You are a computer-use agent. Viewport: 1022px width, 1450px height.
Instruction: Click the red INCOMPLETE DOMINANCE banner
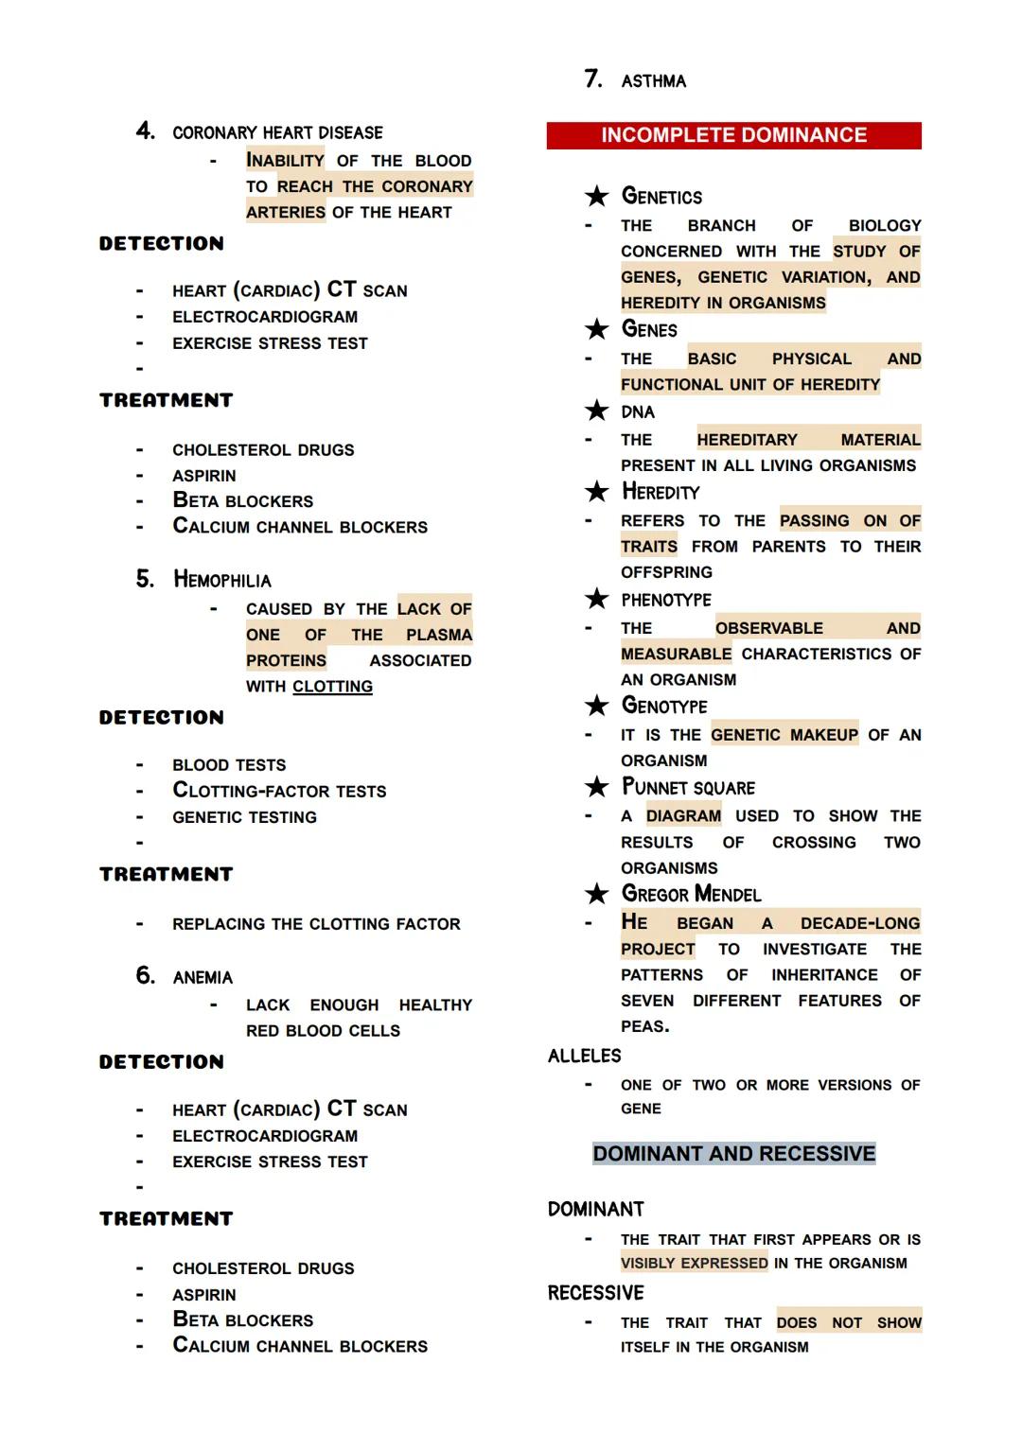click(733, 135)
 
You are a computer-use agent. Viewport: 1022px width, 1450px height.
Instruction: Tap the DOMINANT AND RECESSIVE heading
click(733, 1154)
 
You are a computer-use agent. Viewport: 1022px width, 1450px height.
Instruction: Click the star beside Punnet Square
click(596, 787)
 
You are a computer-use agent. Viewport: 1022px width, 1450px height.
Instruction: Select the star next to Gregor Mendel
click(596, 894)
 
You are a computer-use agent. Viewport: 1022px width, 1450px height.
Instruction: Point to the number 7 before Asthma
click(593, 79)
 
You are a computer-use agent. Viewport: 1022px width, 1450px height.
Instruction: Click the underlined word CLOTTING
click(332, 687)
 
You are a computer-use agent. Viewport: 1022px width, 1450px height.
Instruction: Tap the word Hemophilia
click(222, 580)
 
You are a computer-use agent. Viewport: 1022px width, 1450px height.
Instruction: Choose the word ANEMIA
click(203, 978)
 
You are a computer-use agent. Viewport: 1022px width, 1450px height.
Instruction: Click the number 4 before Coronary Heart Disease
click(145, 131)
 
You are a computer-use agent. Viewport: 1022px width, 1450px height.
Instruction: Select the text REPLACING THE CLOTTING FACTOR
click(316, 924)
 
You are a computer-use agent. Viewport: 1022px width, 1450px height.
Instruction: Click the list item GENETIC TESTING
click(244, 817)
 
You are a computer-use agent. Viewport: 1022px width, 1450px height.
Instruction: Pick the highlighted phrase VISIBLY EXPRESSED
click(694, 1264)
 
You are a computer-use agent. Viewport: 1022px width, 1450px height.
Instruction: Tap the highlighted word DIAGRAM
click(683, 816)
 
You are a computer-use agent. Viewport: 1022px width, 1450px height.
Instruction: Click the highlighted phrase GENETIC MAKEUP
click(784, 735)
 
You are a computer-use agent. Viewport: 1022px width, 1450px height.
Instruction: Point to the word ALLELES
click(584, 1057)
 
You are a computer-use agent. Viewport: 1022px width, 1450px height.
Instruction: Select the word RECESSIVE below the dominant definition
click(595, 1293)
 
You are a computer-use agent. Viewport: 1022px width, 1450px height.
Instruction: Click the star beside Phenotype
click(596, 599)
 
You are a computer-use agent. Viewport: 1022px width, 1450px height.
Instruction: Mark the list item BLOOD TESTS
click(229, 765)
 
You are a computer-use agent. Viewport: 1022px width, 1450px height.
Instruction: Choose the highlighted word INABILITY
click(285, 161)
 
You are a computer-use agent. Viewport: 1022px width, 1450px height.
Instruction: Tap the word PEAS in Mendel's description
click(643, 1027)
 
